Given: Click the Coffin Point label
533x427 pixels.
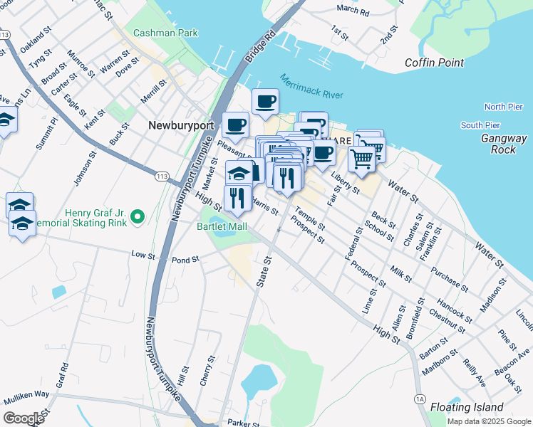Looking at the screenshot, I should point(435,63).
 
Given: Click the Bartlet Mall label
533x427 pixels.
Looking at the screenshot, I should point(222,226).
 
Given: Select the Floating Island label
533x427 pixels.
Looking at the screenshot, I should point(467,408).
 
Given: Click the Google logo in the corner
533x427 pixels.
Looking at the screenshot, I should point(23,418).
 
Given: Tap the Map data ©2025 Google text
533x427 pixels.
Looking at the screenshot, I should point(488,421).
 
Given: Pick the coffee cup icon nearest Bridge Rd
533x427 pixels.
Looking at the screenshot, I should point(264,102).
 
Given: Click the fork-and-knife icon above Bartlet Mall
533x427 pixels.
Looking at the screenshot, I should point(237,197).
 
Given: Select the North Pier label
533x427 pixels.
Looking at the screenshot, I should point(504,107).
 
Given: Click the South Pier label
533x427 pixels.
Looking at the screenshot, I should point(480,125).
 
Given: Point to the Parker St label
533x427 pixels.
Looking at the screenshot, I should point(244,423).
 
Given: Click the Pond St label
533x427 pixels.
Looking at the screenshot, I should point(185,260).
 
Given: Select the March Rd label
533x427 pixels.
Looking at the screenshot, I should point(353,11).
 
